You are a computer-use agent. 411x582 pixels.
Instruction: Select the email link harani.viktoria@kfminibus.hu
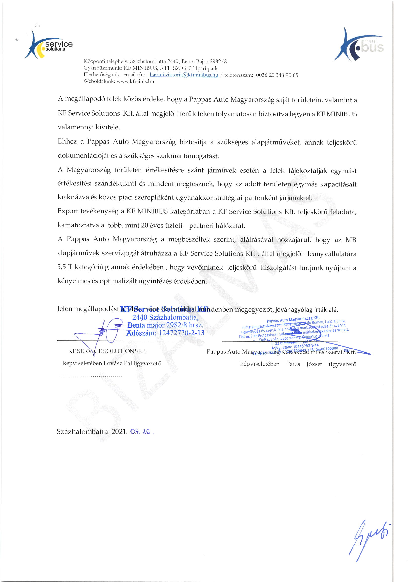tap(184, 75)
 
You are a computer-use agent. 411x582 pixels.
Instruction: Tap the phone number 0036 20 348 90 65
tap(277, 75)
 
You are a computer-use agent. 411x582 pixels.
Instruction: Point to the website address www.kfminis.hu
tap(135, 81)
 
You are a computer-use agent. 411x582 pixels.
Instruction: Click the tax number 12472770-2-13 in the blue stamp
tap(182, 333)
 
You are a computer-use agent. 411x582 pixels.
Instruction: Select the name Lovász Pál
tap(118, 363)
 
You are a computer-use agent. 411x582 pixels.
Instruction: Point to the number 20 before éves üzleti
tap(145, 225)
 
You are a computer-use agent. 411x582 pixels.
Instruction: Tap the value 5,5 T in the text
tap(65, 267)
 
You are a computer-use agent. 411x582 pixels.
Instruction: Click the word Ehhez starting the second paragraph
tap(67, 141)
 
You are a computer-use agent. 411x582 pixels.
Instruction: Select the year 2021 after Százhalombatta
tap(119, 432)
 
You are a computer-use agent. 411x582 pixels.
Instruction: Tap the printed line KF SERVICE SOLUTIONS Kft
tap(107, 351)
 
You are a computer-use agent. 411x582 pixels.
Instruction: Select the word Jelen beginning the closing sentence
tap(65, 309)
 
